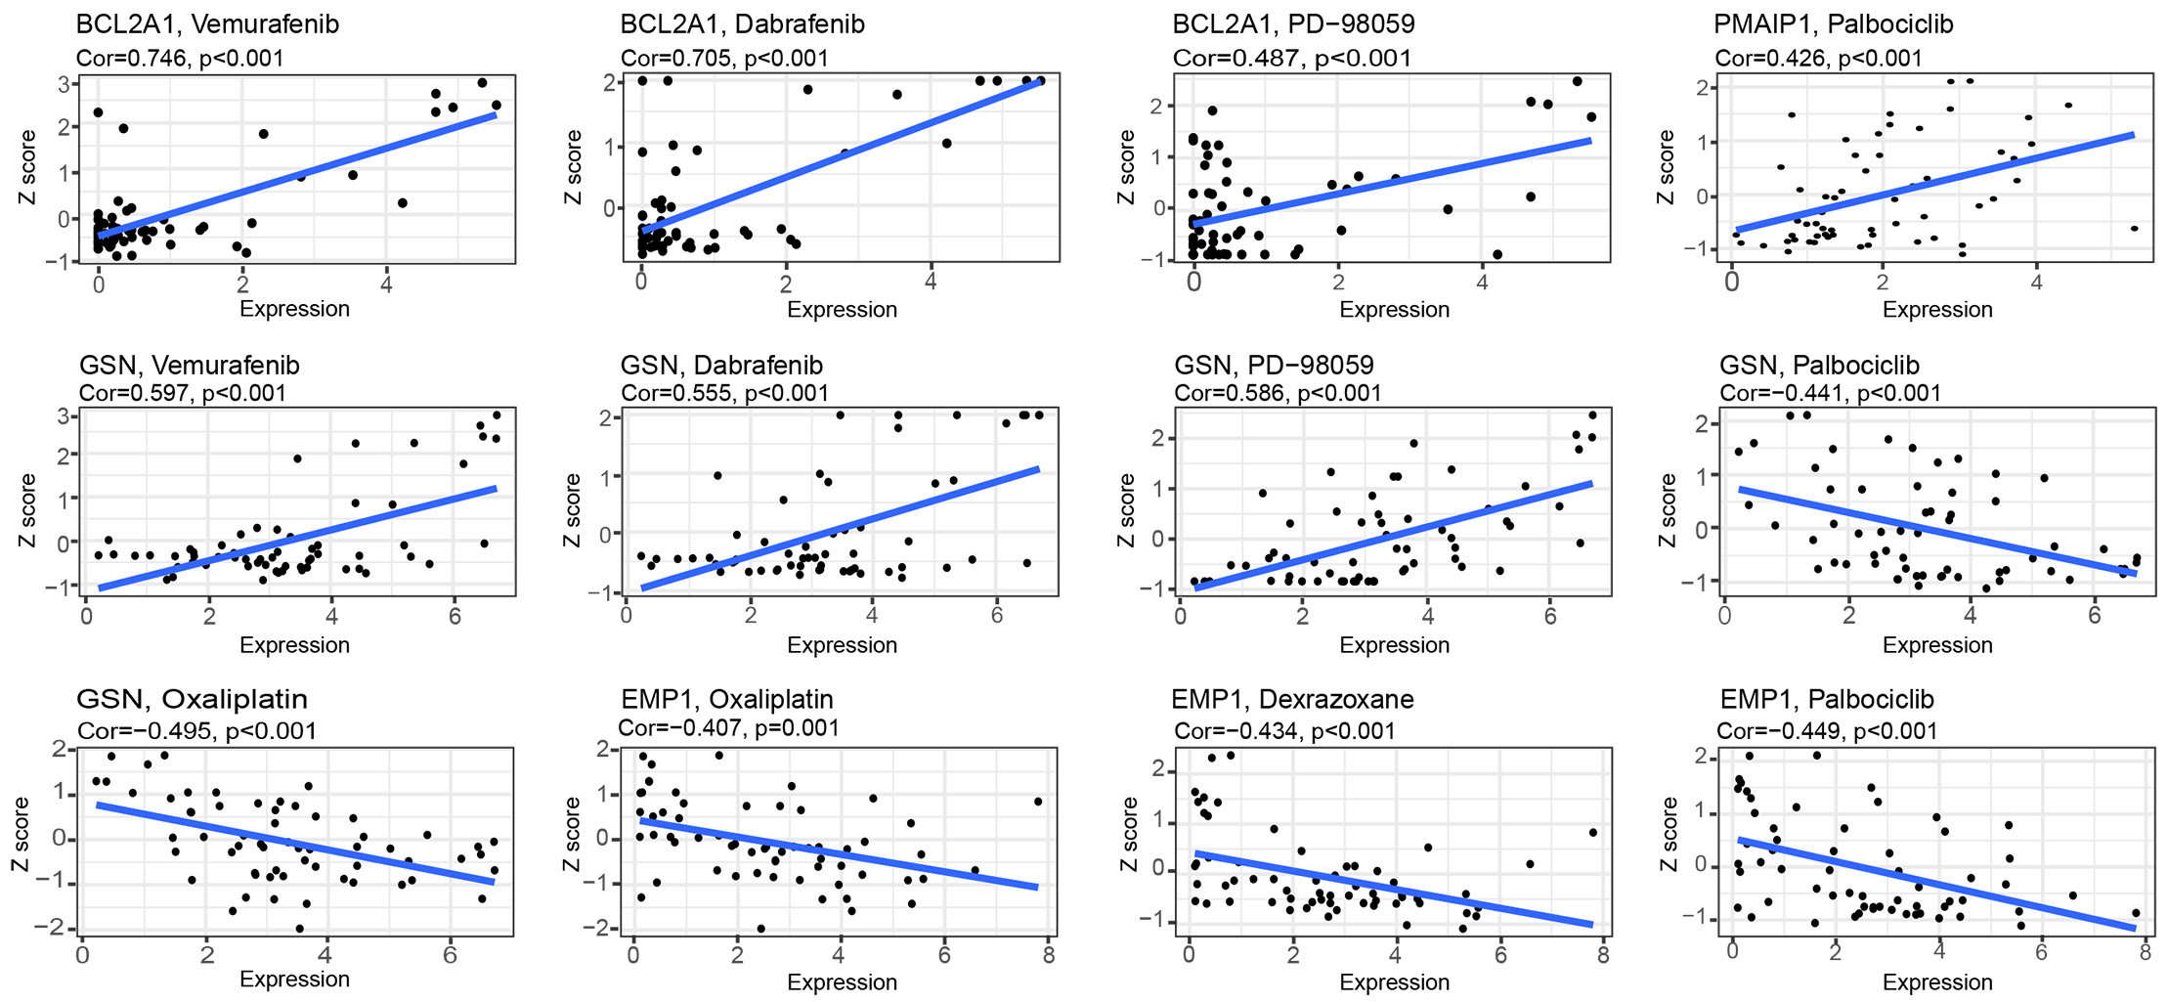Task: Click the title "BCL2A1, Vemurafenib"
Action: [x=207, y=23]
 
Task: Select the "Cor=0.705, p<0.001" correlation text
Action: [x=724, y=58]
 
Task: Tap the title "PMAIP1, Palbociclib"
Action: [x=1833, y=23]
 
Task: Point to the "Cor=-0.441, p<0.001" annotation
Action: [x=1830, y=393]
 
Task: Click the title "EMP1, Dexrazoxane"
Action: [x=1292, y=700]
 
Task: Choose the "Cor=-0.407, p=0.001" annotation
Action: [x=728, y=727]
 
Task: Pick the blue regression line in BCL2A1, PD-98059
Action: [x=1393, y=182]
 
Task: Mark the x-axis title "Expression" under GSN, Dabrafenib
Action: [x=842, y=645]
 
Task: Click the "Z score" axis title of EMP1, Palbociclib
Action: [x=1668, y=834]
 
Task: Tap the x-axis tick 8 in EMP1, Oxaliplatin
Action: [x=1049, y=955]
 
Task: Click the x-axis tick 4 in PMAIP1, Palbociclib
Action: [x=2036, y=283]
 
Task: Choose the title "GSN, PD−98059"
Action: [x=1274, y=366]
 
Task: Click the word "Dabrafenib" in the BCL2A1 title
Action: [x=803, y=23]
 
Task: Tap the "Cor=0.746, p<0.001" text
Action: [x=180, y=58]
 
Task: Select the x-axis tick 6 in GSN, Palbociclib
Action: [x=2095, y=616]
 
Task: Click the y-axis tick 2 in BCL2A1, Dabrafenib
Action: [x=610, y=83]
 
